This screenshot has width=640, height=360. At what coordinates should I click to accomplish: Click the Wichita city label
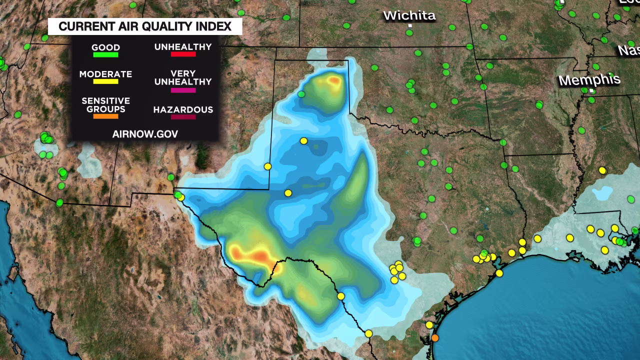pos(409,15)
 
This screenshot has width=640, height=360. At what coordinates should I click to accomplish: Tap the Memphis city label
pos(589,80)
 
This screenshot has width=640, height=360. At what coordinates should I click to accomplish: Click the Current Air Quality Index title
pos(145,26)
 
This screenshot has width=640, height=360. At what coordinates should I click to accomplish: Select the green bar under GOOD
pos(105,55)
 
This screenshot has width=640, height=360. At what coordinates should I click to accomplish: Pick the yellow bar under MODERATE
pos(105,81)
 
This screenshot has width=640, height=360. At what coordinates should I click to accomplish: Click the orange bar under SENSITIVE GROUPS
pos(105,116)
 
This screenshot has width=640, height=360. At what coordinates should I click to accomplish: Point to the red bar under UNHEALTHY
pos(183,54)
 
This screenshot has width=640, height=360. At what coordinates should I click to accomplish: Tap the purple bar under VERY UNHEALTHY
pos(183,90)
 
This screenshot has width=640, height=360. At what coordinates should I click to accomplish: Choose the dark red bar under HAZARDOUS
pos(183,117)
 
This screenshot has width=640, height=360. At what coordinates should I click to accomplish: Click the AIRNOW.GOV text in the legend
pos(145,133)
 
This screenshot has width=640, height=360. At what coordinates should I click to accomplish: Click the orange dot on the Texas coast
pos(434,338)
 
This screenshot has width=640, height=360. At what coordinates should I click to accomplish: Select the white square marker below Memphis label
pos(592,91)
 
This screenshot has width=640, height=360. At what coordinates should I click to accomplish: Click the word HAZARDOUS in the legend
pos(183,109)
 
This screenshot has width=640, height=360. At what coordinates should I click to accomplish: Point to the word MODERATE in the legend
pos(105,74)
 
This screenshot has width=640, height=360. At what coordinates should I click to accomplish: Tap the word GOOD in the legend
pos(105,48)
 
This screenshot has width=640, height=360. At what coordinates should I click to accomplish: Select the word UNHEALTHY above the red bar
pos(183,46)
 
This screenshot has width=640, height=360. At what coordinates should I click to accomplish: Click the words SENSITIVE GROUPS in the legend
pos(105,104)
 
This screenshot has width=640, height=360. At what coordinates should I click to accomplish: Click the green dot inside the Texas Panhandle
pos(301,94)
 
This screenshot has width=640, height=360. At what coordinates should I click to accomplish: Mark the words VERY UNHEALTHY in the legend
pos(183,77)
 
